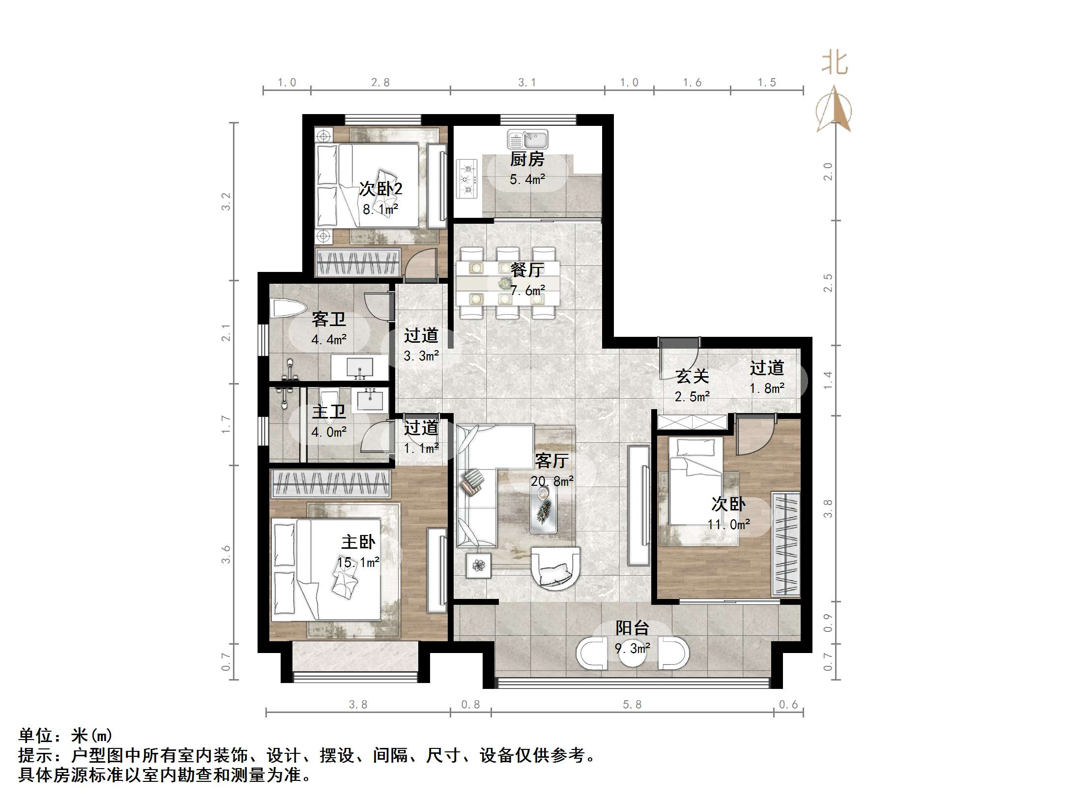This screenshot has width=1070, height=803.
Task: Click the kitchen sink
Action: tap(528, 140)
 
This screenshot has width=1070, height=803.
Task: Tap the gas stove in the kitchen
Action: tap(466, 179)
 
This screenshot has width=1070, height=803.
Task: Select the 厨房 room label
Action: tap(527, 159)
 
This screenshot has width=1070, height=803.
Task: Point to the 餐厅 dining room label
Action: tap(527, 269)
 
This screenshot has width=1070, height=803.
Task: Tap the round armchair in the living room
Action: tap(556, 569)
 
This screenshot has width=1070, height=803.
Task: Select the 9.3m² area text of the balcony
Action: tap(632, 649)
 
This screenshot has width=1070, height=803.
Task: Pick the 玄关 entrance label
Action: tap(692, 377)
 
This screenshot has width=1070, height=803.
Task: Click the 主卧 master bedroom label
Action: tap(358, 542)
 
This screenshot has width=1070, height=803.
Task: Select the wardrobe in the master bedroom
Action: tap(331, 483)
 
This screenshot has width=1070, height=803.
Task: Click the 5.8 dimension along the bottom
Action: tap(632, 705)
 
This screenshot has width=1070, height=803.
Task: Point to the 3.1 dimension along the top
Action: tap(527, 83)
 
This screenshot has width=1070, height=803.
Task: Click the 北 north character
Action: tap(835, 63)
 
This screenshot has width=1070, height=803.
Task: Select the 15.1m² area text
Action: tap(358, 563)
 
